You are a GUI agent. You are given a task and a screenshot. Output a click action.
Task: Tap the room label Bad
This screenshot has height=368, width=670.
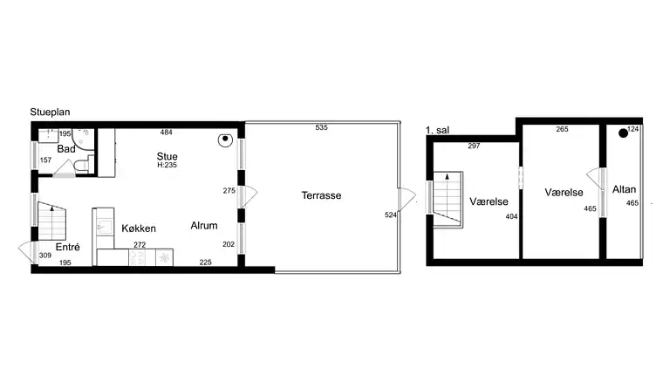(66, 149)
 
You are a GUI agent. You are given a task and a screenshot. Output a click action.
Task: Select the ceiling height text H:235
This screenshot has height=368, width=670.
(167, 165)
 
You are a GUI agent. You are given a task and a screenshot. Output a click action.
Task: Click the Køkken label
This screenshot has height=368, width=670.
(140, 228)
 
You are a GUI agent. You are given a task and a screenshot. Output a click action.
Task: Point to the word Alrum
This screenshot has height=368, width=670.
(204, 226)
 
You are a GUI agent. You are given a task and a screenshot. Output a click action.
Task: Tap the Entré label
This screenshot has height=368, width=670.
(68, 247)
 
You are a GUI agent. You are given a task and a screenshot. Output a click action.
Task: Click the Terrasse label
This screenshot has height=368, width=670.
(321, 195)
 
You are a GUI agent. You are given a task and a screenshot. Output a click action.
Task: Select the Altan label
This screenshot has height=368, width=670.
(624, 189)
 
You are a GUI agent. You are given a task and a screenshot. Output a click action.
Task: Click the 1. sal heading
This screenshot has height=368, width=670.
(437, 130)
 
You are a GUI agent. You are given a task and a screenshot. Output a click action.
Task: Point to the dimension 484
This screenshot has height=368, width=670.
(167, 132)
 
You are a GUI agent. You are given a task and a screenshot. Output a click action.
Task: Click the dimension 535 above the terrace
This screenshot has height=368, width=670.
(322, 128)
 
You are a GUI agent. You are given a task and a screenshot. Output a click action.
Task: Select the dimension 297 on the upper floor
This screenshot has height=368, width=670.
(474, 146)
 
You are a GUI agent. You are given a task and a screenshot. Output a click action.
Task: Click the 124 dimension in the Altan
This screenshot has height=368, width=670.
(633, 130)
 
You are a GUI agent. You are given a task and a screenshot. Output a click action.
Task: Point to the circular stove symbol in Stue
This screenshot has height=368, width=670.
(225, 138)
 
